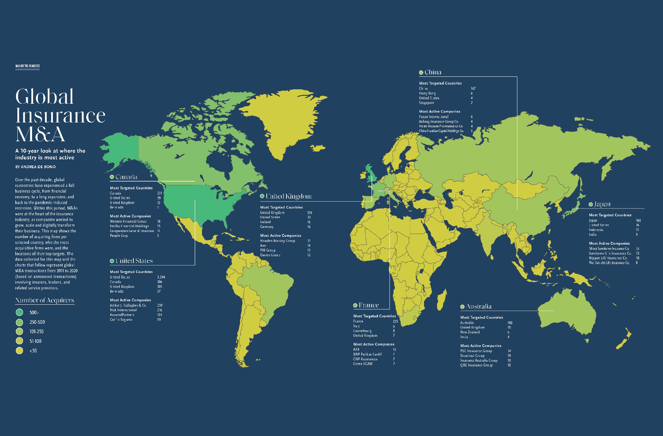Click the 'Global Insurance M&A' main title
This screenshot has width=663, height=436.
(x=60, y=115)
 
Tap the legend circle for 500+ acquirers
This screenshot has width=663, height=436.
(x=19, y=312)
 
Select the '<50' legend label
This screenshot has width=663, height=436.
(x=33, y=351)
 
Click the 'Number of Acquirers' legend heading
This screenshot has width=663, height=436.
(x=45, y=300)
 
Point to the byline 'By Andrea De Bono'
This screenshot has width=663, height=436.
(x=35, y=167)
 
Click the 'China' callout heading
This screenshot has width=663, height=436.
(x=433, y=72)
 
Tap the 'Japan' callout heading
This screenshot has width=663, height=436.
(x=602, y=204)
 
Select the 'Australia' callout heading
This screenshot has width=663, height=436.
(x=478, y=306)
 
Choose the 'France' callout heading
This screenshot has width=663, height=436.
(x=369, y=305)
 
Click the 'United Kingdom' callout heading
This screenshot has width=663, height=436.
(x=289, y=196)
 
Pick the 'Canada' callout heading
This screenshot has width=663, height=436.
(x=126, y=177)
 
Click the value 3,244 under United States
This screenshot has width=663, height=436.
(x=161, y=277)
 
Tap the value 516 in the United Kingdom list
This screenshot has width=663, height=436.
(x=309, y=213)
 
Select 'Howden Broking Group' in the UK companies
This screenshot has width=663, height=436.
(x=278, y=241)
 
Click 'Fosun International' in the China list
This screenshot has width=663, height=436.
(x=433, y=117)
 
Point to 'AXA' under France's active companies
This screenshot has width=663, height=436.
(x=356, y=349)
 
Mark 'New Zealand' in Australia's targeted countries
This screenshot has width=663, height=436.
(x=470, y=332)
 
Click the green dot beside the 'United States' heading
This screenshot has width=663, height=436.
(x=112, y=261)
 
